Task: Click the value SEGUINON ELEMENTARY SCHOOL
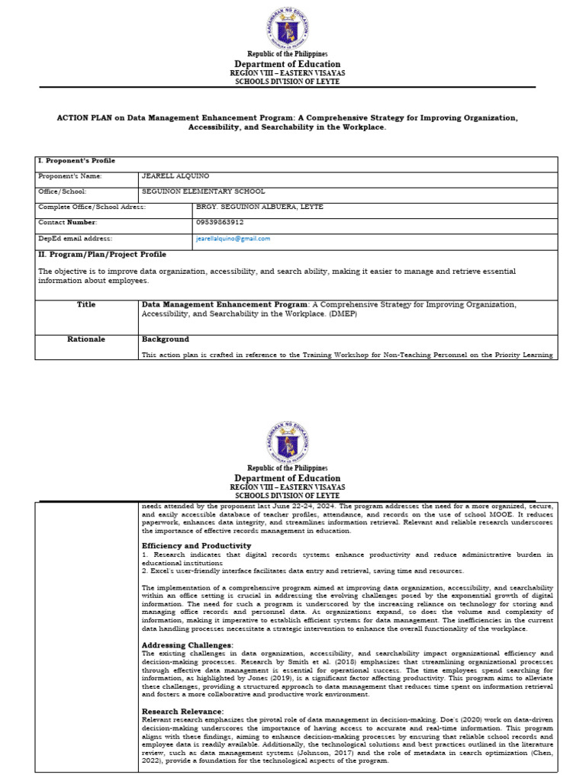(x=203, y=191)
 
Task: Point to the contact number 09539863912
(x=220, y=223)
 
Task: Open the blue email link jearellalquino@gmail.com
(x=233, y=239)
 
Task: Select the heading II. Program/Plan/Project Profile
(x=101, y=254)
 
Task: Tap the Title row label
(x=85, y=304)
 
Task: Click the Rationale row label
(x=85, y=339)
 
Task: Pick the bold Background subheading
(x=165, y=339)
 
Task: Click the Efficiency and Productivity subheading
(x=196, y=546)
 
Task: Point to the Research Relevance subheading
(x=183, y=711)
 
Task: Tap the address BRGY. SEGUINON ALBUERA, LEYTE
(x=259, y=207)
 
